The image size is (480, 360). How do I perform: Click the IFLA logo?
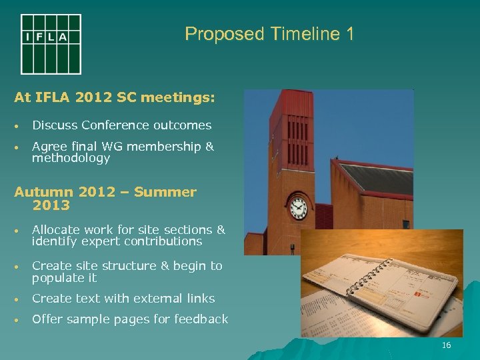[x=51, y=44]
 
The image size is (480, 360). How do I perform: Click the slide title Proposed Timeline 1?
[x=269, y=34]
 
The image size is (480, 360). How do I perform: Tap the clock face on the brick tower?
[x=298, y=207]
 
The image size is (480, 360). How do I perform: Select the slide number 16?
[x=446, y=345]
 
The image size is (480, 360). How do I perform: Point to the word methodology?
[x=71, y=158]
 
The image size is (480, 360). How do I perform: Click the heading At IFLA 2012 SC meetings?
[x=115, y=97]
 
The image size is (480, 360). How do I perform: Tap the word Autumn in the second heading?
[x=44, y=192]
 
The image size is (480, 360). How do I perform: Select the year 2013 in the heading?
[x=51, y=206]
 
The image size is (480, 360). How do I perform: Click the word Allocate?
[x=57, y=230]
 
